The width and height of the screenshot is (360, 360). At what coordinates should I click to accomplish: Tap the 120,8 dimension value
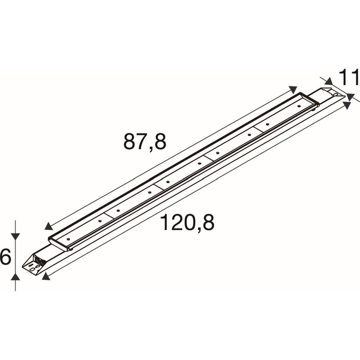click(187, 222)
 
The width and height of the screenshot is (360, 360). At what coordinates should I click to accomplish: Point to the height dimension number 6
click(5, 257)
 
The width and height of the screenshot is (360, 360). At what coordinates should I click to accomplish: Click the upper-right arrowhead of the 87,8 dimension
click(293, 89)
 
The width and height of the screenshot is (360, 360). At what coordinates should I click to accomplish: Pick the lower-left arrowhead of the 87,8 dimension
click(49, 226)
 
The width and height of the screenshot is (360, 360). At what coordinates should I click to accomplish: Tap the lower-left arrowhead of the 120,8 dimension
click(46, 276)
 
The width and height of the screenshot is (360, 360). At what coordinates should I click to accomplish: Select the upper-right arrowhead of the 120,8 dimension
click(347, 105)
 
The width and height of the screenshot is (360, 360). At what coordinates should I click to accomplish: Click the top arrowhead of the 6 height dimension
click(15, 237)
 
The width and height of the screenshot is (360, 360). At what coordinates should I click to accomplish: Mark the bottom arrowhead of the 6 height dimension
click(15, 276)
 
